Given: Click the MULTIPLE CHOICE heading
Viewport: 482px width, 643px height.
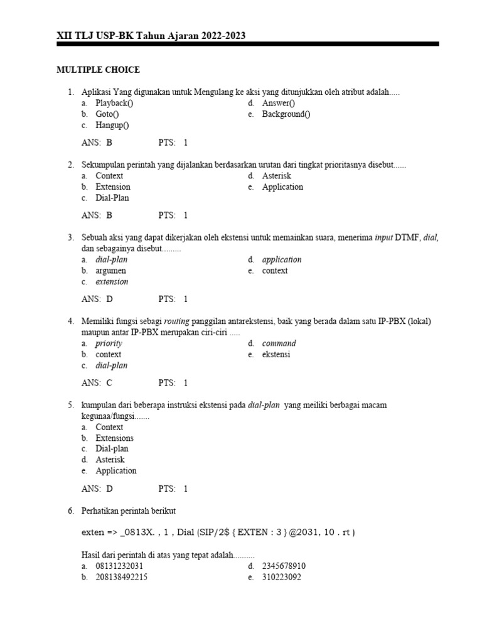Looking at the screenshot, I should pos(99,70).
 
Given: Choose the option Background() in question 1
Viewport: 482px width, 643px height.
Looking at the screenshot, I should pos(286,114).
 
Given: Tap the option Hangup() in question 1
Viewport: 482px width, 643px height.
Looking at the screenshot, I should pos(112,125).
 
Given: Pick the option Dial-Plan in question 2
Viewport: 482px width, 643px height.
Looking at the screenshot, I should pos(112,198).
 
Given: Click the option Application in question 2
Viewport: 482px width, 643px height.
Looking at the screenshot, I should pos(282,187).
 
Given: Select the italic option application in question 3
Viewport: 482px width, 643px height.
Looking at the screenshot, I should pos(282,259).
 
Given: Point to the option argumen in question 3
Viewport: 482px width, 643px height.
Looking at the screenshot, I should pos(110,271).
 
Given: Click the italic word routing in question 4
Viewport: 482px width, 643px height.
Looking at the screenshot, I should pos(176,321).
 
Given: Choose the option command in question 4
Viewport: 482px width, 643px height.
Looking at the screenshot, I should pos(279,343).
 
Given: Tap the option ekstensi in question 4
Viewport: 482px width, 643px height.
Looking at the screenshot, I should pos(276,354).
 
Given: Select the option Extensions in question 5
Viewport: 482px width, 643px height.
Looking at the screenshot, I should pos(114,438).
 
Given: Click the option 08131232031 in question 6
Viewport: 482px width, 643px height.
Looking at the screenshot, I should pos(119,566).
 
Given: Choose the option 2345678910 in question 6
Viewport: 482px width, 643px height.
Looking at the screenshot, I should pos(284,566).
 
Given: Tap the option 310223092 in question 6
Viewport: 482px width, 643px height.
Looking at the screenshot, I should pos(282,577).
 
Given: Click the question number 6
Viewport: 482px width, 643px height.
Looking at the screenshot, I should pos(71,511).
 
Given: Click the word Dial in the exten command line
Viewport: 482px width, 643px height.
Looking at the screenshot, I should pos(186,532).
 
